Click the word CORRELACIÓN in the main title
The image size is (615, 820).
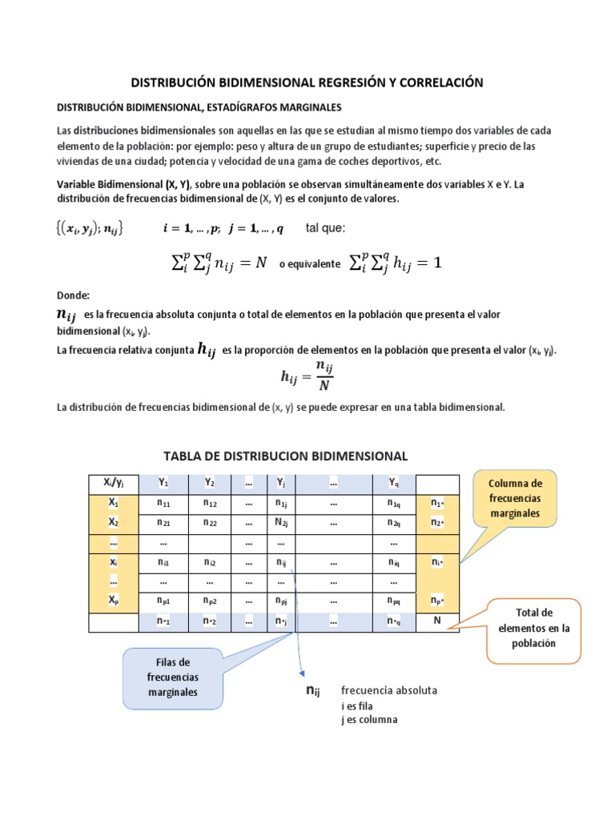438,82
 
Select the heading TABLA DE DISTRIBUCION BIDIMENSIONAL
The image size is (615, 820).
285,456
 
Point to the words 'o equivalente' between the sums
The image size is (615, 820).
309,263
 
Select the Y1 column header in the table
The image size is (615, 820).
163,484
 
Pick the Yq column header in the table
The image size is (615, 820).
393,484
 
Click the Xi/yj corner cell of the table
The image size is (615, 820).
113,484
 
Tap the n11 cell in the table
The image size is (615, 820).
163,504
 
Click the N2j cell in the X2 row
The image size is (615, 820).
281,523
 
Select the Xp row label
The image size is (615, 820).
113,601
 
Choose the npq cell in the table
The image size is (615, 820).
393,601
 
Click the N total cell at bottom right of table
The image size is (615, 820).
437,621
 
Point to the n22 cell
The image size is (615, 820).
211,523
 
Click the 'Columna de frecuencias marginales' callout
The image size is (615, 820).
515,498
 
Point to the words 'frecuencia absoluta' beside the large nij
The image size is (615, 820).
389,691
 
